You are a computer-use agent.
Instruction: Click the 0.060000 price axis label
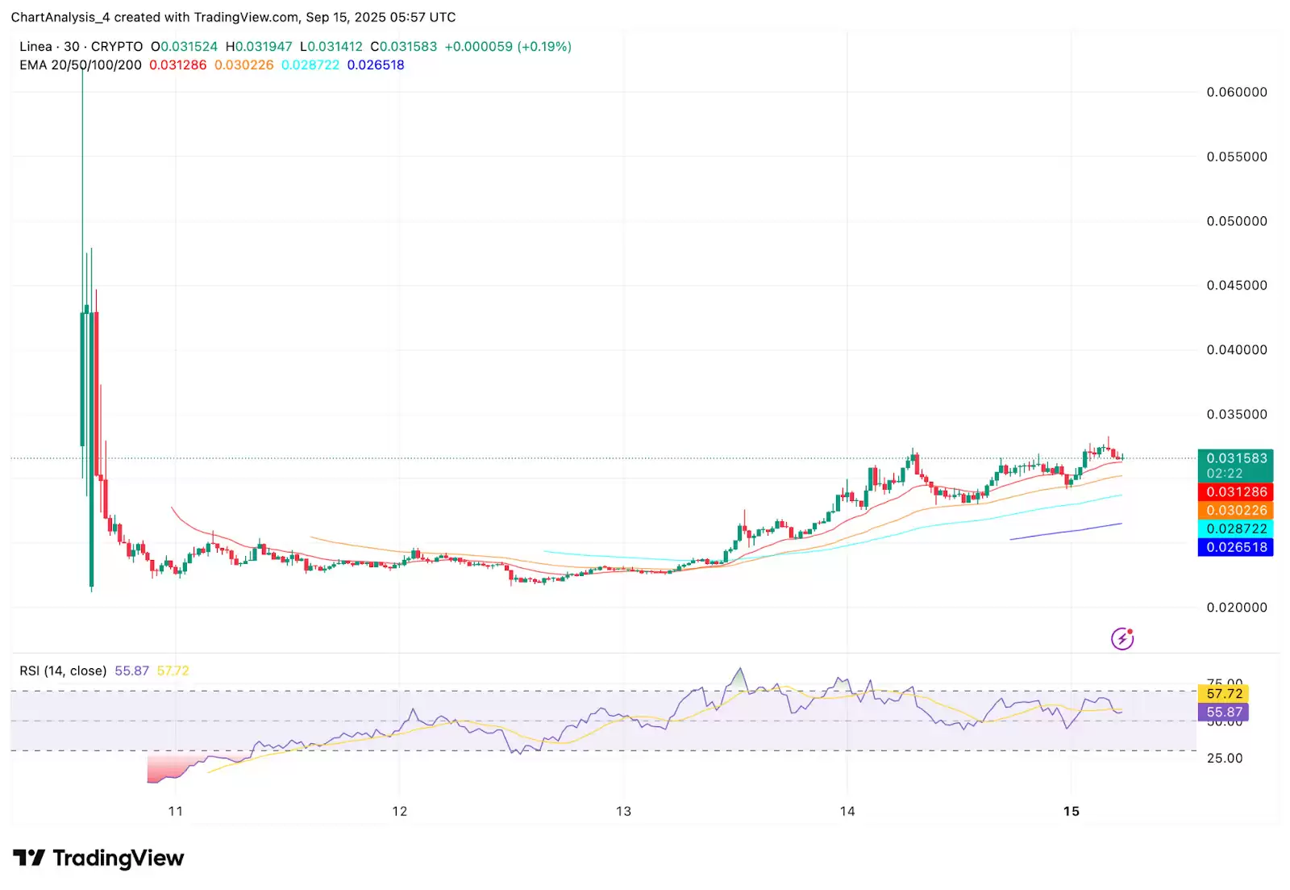coord(1236,92)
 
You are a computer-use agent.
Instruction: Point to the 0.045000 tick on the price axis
coord(1236,285)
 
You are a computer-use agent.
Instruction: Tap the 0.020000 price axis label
coord(1236,608)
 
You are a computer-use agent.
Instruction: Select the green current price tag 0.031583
coord(1235,458)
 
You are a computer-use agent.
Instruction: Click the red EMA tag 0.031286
coord(1235,492)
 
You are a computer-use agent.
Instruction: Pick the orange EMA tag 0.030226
coord(1235,511)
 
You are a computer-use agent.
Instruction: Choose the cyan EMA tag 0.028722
coord(1235,529)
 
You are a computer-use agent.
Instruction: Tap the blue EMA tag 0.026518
coord(1235,548)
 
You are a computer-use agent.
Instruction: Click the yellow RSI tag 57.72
coord(1224,694)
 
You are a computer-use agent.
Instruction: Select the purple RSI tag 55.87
coord(1224,712)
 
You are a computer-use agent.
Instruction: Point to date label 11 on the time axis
coord(176,812)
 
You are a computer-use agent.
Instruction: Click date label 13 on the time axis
coord(623,812)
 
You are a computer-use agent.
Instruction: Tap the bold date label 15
coord(1071,812)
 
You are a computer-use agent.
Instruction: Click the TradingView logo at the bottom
coord(98,859)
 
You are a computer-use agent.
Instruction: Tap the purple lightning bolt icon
coord(1122,639)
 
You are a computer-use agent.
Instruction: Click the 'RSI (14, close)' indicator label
coord(63,671)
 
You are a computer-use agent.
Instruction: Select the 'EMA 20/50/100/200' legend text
coord(81,65)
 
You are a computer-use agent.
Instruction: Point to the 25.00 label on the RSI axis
coord(1224,758)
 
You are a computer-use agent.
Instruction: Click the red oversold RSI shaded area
coord(165,769)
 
